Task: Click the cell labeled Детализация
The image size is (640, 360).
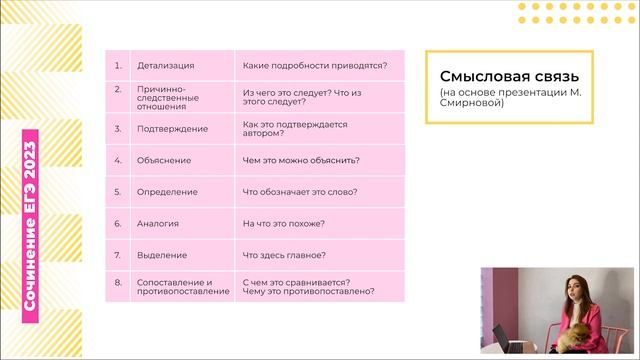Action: tap(165, 66)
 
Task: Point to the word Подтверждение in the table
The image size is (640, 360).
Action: tap(173, 129)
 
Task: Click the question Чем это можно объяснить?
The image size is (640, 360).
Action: tap(302, 160)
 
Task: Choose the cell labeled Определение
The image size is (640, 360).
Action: tap(167, 191)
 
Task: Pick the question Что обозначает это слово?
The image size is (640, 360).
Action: tap(300, 191)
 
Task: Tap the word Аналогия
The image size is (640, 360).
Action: tap(158, 223)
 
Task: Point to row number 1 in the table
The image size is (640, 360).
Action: tap(118, 66)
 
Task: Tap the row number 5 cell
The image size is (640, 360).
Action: tap(118, 191)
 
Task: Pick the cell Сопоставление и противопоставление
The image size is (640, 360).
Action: tap(175, 286)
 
